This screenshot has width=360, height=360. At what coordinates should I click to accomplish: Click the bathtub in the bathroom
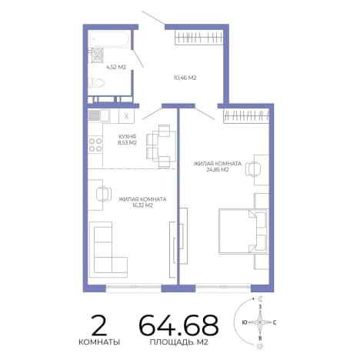coord(109,38)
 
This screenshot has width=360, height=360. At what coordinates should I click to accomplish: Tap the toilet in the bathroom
coord(97,83)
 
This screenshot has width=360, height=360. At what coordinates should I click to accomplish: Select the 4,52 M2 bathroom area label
coord(116,67)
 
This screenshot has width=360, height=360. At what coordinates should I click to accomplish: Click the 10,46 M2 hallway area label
coord(185,78)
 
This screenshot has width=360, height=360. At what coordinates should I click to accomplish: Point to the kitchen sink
coord(99,115)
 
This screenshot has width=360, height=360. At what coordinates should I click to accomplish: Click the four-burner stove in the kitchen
coord(95,145)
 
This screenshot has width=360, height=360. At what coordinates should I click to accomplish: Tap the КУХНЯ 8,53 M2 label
coord(127,140)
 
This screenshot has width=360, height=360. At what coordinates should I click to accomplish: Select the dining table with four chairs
coord(162,146)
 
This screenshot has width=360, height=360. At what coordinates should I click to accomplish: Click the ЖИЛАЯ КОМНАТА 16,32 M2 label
coord(142,202)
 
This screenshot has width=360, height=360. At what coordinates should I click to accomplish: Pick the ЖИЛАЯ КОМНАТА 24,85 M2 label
coord(218,167)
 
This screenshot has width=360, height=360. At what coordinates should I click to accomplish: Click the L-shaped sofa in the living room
coord(108,249)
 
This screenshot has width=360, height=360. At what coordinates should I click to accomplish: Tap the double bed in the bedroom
coord(243,232)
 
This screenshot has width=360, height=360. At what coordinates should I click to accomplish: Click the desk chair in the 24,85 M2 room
coord(253,169)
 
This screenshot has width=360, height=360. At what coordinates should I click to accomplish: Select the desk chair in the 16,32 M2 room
coord(104,194)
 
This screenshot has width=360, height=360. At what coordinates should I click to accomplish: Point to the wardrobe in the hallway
coord(199,38)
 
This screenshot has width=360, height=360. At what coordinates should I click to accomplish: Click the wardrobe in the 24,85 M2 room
coord(246,116)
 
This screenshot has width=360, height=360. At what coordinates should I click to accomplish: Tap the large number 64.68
coord(178,325)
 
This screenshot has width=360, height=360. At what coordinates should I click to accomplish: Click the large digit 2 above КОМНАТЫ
coord(99,325)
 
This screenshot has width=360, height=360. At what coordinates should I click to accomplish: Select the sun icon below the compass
coord(260,346)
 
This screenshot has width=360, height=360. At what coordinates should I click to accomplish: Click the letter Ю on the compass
coord(245,322)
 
